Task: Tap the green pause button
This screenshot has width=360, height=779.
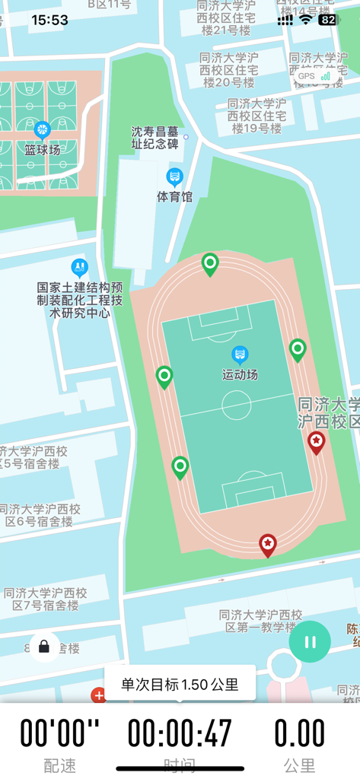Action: [x=310, y=642]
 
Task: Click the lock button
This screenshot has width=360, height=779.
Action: [x=44, y=647]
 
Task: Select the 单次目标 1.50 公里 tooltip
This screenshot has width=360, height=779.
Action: [x=180, y=683]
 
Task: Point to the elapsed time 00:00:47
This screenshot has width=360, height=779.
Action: [x=180, y=734]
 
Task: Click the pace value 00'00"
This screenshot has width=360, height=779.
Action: [x=59, y=734]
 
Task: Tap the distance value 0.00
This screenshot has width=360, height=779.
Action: [x=299, y=734]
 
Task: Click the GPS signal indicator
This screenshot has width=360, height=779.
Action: [x=314, y=76]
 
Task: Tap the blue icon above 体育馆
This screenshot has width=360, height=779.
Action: [x=175, y=177]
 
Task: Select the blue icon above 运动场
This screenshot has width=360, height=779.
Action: [x=240, y=355]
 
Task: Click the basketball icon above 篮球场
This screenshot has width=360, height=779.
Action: [x=42, y=129]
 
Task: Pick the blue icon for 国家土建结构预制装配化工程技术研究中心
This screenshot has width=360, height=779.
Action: [x=79, y=267]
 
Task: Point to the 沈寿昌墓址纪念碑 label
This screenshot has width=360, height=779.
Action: [x=155, y=137]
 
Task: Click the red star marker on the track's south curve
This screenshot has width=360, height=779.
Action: [x=267, y=544]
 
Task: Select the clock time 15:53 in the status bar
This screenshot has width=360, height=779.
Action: [x=50, y=21]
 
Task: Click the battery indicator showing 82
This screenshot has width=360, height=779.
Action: [x=327, y=21]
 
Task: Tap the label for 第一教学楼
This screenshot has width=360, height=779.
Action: [x=260, y=621]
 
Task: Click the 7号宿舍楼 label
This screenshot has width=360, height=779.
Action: [x=45, y=599]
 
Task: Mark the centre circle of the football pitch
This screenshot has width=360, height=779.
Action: [x=237, y=405]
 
